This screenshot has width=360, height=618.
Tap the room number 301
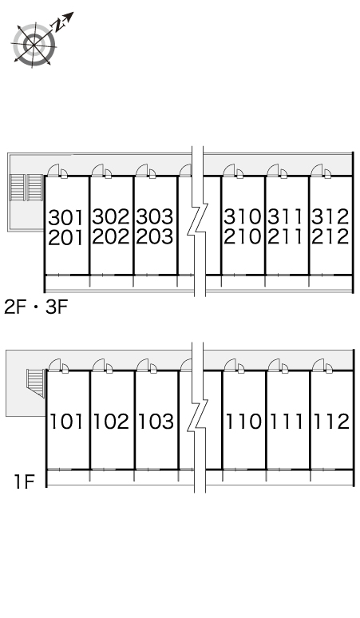(x=66, y=217)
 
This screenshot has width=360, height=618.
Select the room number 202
(x=111, y=236)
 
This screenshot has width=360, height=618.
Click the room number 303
(x=155, y=216)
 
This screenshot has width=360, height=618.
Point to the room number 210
(x=243, y=236)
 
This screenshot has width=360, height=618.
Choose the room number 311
(x=286, y=216)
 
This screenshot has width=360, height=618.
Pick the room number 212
(x=330, y=236)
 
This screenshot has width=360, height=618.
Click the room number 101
(x=66, y=422)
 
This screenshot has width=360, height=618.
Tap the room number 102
(x=111, y=422)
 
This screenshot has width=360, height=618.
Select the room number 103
(x=156, y=422)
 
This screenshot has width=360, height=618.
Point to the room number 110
(x=243, y=422)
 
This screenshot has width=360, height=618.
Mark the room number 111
(x=287, y=422)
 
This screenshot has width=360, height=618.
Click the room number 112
(x=331, y=422)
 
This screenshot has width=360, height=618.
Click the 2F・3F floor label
(x=36, y=307)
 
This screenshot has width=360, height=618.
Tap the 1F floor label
(x=25, y=481)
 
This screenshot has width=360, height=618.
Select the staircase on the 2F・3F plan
(x=26, y=187)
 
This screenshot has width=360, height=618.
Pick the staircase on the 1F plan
(x=36, y=383)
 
